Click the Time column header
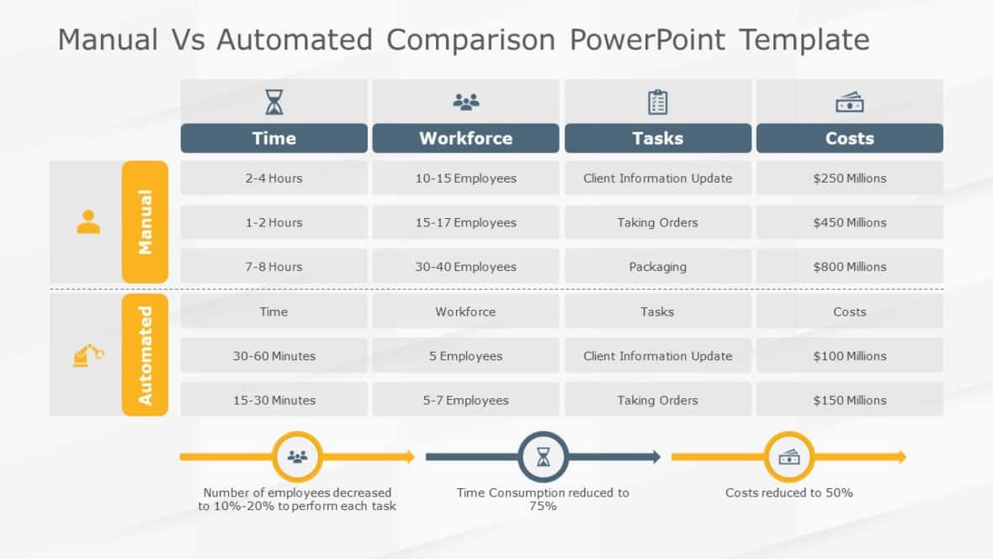tap(273, 138)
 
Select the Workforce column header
tap(465, 138)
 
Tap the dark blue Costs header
tap(849, 138)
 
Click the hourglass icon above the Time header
tap(274, 102)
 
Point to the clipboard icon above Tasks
tap(657, 102)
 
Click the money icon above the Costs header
tap(849, 102)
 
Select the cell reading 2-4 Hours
tap(273, 178)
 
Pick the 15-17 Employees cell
tap(465, 222)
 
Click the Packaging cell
tap(657, 267)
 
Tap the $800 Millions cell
tap(849, 267)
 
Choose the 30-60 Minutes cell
tap(273, 356)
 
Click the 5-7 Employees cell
tap(465, 401)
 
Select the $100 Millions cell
tap(849, 356)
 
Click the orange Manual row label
tap(145, 222)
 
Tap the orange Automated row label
tap(145, 355)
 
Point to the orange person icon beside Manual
tap(88, 222)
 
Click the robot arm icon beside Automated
tap(88, 355)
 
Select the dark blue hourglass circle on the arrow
tap(544, 457)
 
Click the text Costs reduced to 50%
tap(789, 492)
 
